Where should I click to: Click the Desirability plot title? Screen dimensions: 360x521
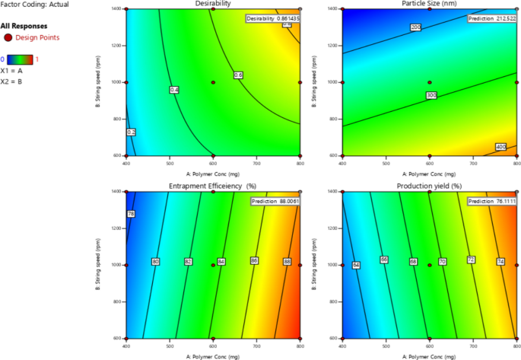[x=212, y=4]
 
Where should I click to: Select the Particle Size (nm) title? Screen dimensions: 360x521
[x=429, y=4]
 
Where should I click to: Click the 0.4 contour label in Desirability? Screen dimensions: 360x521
[x=174, y=90]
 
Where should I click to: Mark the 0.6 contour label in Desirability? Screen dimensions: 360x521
[x=237, y=75]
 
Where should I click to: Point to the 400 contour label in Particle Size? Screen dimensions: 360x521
[x=502, y=147]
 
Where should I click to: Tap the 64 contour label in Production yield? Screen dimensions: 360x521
[x=355, y=265]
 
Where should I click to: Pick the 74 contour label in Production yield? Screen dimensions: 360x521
[x=500, y=261]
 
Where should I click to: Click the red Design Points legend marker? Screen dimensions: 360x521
[x=8, y=37]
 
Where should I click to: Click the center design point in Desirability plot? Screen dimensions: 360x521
[x=213, y=82]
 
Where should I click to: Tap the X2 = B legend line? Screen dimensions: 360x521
[x=11, y=80]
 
